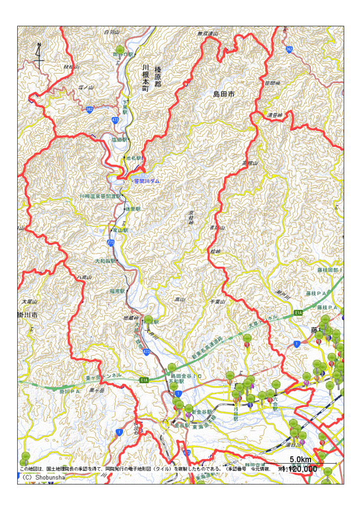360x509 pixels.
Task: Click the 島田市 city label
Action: click(x=224, y=94)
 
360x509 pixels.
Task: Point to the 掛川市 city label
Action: click(x=27, y=316)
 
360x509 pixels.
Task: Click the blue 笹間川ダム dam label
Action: click(x=147, y=181)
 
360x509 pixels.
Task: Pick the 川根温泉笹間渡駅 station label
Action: click(x=100, y=196)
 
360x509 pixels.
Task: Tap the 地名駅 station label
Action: click(x=134, y=157)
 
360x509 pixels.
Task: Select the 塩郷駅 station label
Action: click(x=119, y=140)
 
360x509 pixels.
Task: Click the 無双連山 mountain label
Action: click(x=207, y=34)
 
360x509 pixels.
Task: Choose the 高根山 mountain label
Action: click(x=250, y=164)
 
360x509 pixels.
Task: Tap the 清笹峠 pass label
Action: click(x=274, y=115)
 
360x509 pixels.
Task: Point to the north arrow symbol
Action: click(x=39, y=56)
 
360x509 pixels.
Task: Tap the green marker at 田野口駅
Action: click(x=120, y=50)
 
